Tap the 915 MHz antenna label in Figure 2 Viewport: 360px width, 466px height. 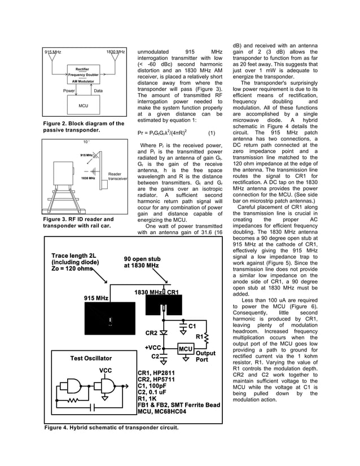click(x=53, y=52)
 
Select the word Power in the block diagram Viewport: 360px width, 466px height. click(x=69, y=90)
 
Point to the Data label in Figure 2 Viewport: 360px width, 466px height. click(x=98, y=90)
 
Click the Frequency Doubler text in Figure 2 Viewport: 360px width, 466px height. click(x=83, y=75)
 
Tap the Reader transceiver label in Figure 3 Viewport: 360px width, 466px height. click(x=118, y=176)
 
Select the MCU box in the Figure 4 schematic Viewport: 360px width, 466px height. click(x=186, y=349)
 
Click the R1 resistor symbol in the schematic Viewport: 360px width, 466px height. click(x=207, y=338)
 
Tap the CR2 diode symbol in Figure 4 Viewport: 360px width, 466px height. click(x=164, y=332)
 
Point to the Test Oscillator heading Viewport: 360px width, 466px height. click(x=91, y=358)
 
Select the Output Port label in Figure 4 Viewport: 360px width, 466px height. click(x=205, y=357)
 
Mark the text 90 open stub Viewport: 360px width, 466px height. click(x=142, y=260)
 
